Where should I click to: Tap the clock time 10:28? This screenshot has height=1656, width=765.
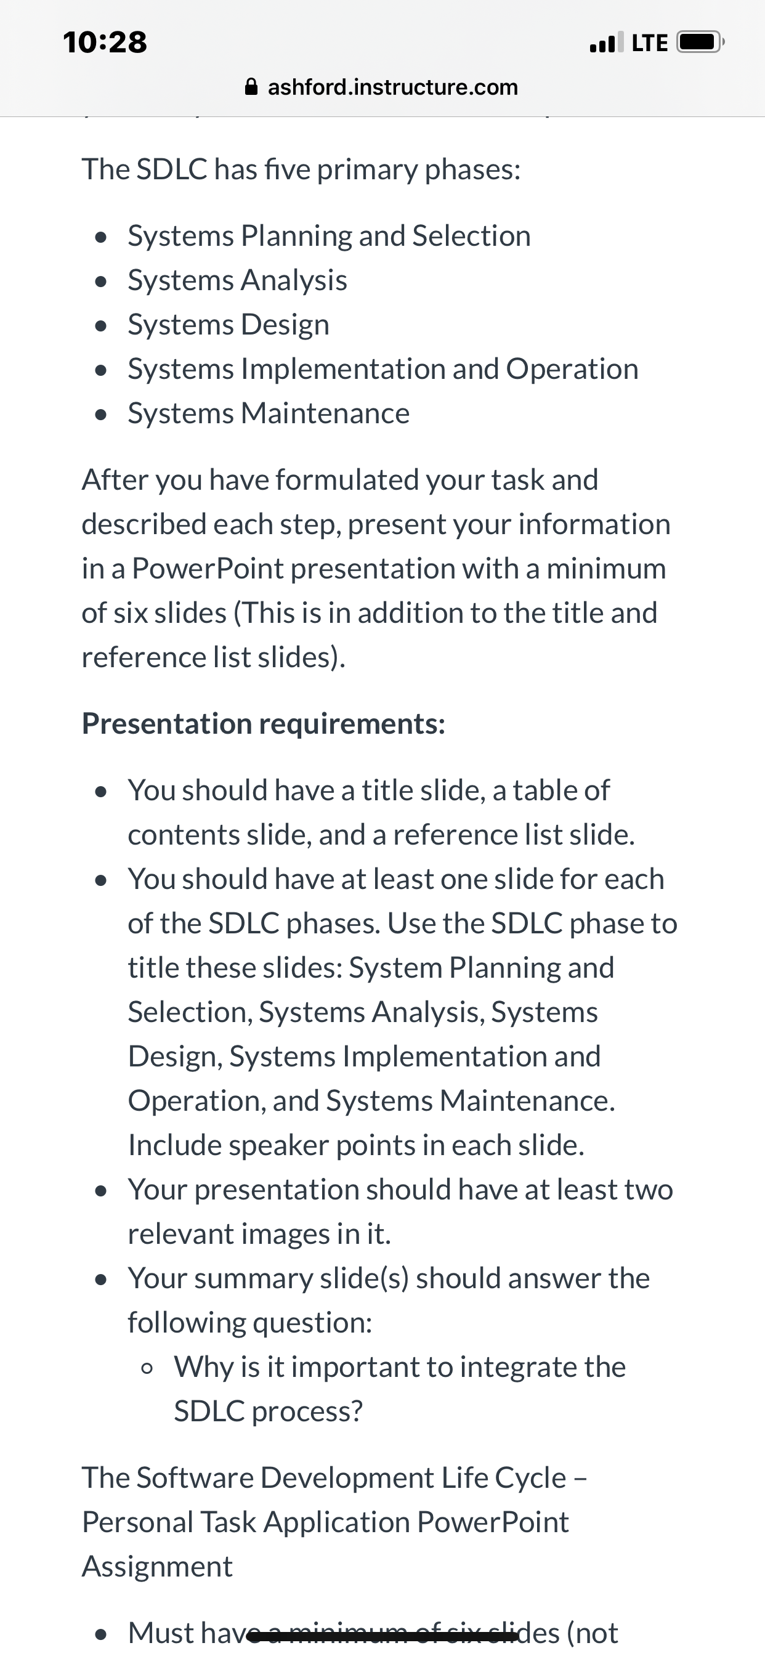click(105, 43)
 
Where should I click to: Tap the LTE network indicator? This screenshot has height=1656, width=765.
click(650, 43)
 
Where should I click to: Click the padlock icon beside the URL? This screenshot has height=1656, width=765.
click(252, 87)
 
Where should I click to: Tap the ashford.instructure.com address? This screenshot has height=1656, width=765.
click(393, 87)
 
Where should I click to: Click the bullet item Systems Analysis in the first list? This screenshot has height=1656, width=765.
click(237, 280)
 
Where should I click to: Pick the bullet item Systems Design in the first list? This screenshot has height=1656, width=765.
click(229, 325)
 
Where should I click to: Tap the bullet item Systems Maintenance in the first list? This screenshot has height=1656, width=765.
click(269, 413)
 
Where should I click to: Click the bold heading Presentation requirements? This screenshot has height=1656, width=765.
click(264, 724)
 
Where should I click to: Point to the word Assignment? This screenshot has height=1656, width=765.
click(158, 1567)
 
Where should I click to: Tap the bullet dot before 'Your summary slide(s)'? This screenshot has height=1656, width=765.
click(100, 1280)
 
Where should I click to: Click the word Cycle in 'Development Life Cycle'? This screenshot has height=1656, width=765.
click(530, 1478)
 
